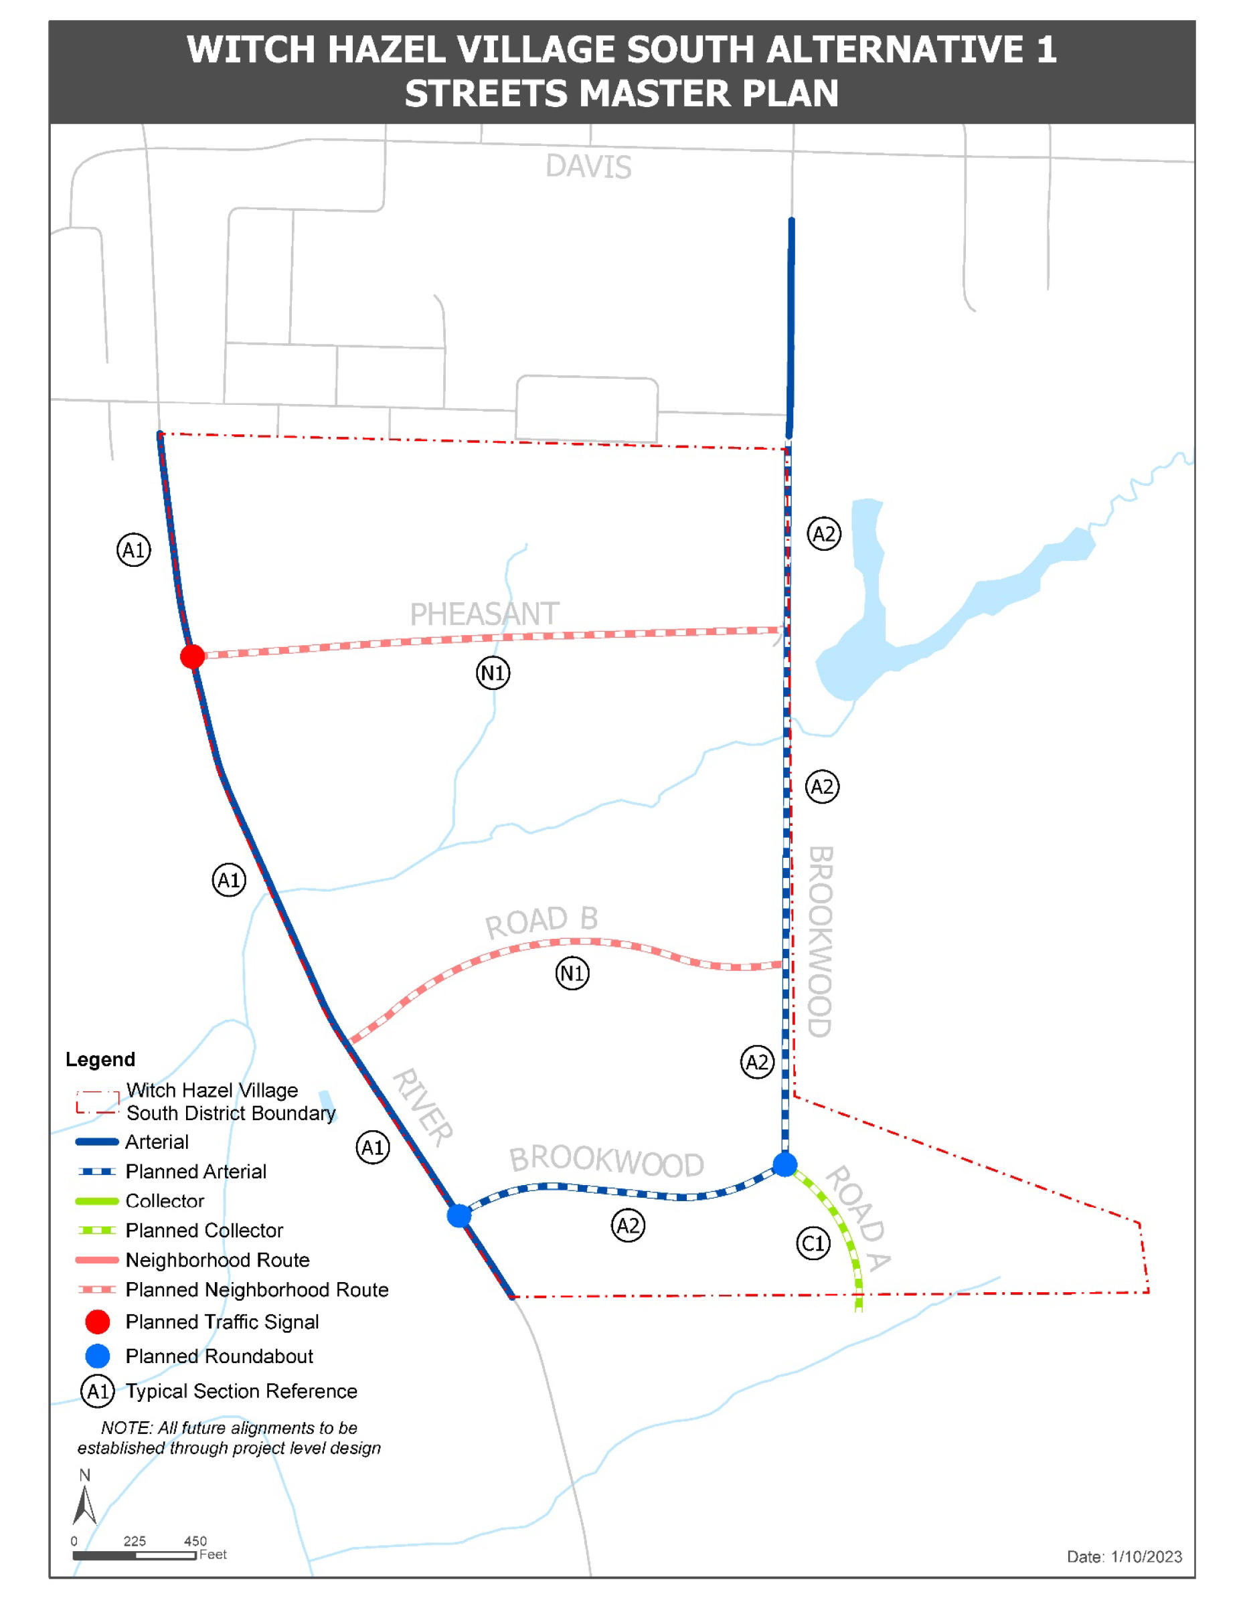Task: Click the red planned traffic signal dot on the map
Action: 193,656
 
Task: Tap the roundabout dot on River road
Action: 459,1215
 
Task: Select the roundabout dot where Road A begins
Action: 784,1164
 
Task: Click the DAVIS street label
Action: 588,167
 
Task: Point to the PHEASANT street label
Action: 484,614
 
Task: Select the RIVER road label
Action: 423,1107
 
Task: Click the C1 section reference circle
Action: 813,1243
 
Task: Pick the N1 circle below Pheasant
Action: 493,673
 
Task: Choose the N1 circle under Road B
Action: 572,974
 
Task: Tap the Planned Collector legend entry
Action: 203,1230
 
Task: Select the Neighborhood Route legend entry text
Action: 217,1259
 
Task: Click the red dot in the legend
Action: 98,1322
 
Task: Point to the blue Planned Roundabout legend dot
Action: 98,1356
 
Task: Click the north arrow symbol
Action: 84,1504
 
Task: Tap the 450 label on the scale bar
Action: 195,1540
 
